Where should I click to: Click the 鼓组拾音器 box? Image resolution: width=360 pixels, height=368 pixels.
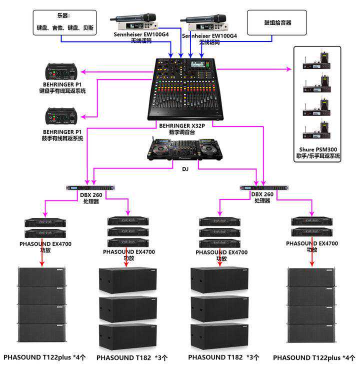pos(270,22)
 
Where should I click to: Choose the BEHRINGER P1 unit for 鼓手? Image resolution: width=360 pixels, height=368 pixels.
pos(63,116)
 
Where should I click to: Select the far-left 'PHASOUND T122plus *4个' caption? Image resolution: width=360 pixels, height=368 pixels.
pos(45,357)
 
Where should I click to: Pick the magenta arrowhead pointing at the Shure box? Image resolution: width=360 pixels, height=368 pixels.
pos(288,69)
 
